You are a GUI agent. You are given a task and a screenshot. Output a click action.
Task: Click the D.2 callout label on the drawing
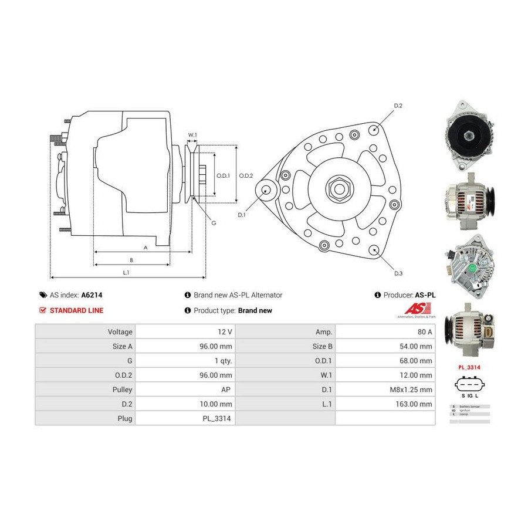398,106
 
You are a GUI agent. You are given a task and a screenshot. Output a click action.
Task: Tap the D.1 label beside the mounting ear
242,215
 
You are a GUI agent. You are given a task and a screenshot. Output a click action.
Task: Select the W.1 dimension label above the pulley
192,136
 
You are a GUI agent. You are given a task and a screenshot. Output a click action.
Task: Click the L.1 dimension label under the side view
126,272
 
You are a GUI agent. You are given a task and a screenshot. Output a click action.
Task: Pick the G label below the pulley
214,223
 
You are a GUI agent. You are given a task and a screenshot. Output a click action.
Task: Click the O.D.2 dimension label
246,175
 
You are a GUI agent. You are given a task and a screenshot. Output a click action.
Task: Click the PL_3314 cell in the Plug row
217,419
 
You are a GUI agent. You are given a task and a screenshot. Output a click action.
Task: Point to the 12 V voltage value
225,332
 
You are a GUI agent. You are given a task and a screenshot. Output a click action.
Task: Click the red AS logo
418,309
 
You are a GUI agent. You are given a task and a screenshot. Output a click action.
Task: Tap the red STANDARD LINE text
76,310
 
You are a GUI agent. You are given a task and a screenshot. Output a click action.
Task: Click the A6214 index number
92,295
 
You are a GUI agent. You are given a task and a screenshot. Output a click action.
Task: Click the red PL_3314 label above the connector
469,368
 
